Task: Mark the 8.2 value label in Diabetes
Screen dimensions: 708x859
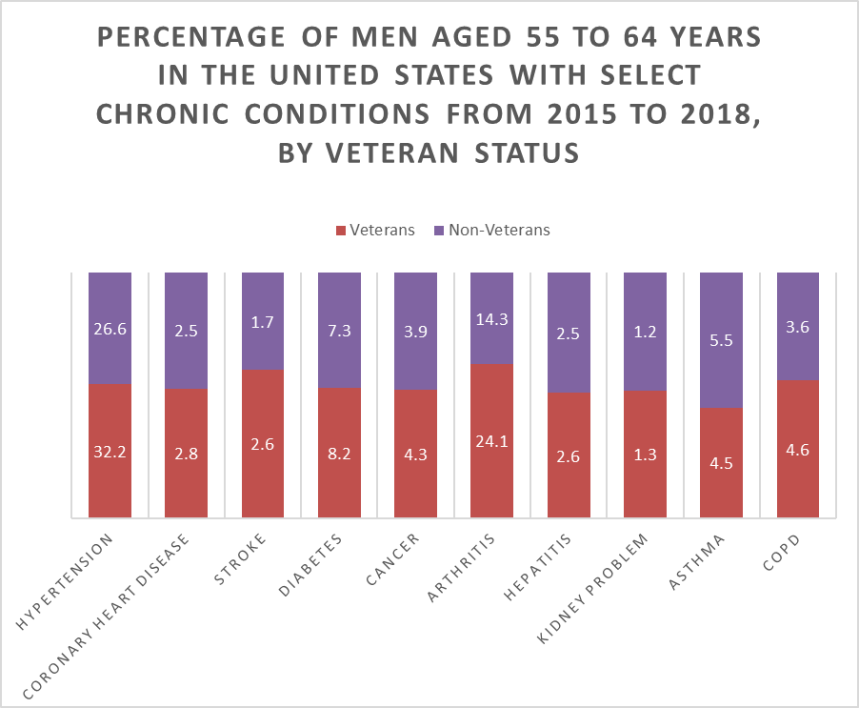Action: point(339,455)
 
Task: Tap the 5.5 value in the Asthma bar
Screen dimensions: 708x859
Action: point(721,340)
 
